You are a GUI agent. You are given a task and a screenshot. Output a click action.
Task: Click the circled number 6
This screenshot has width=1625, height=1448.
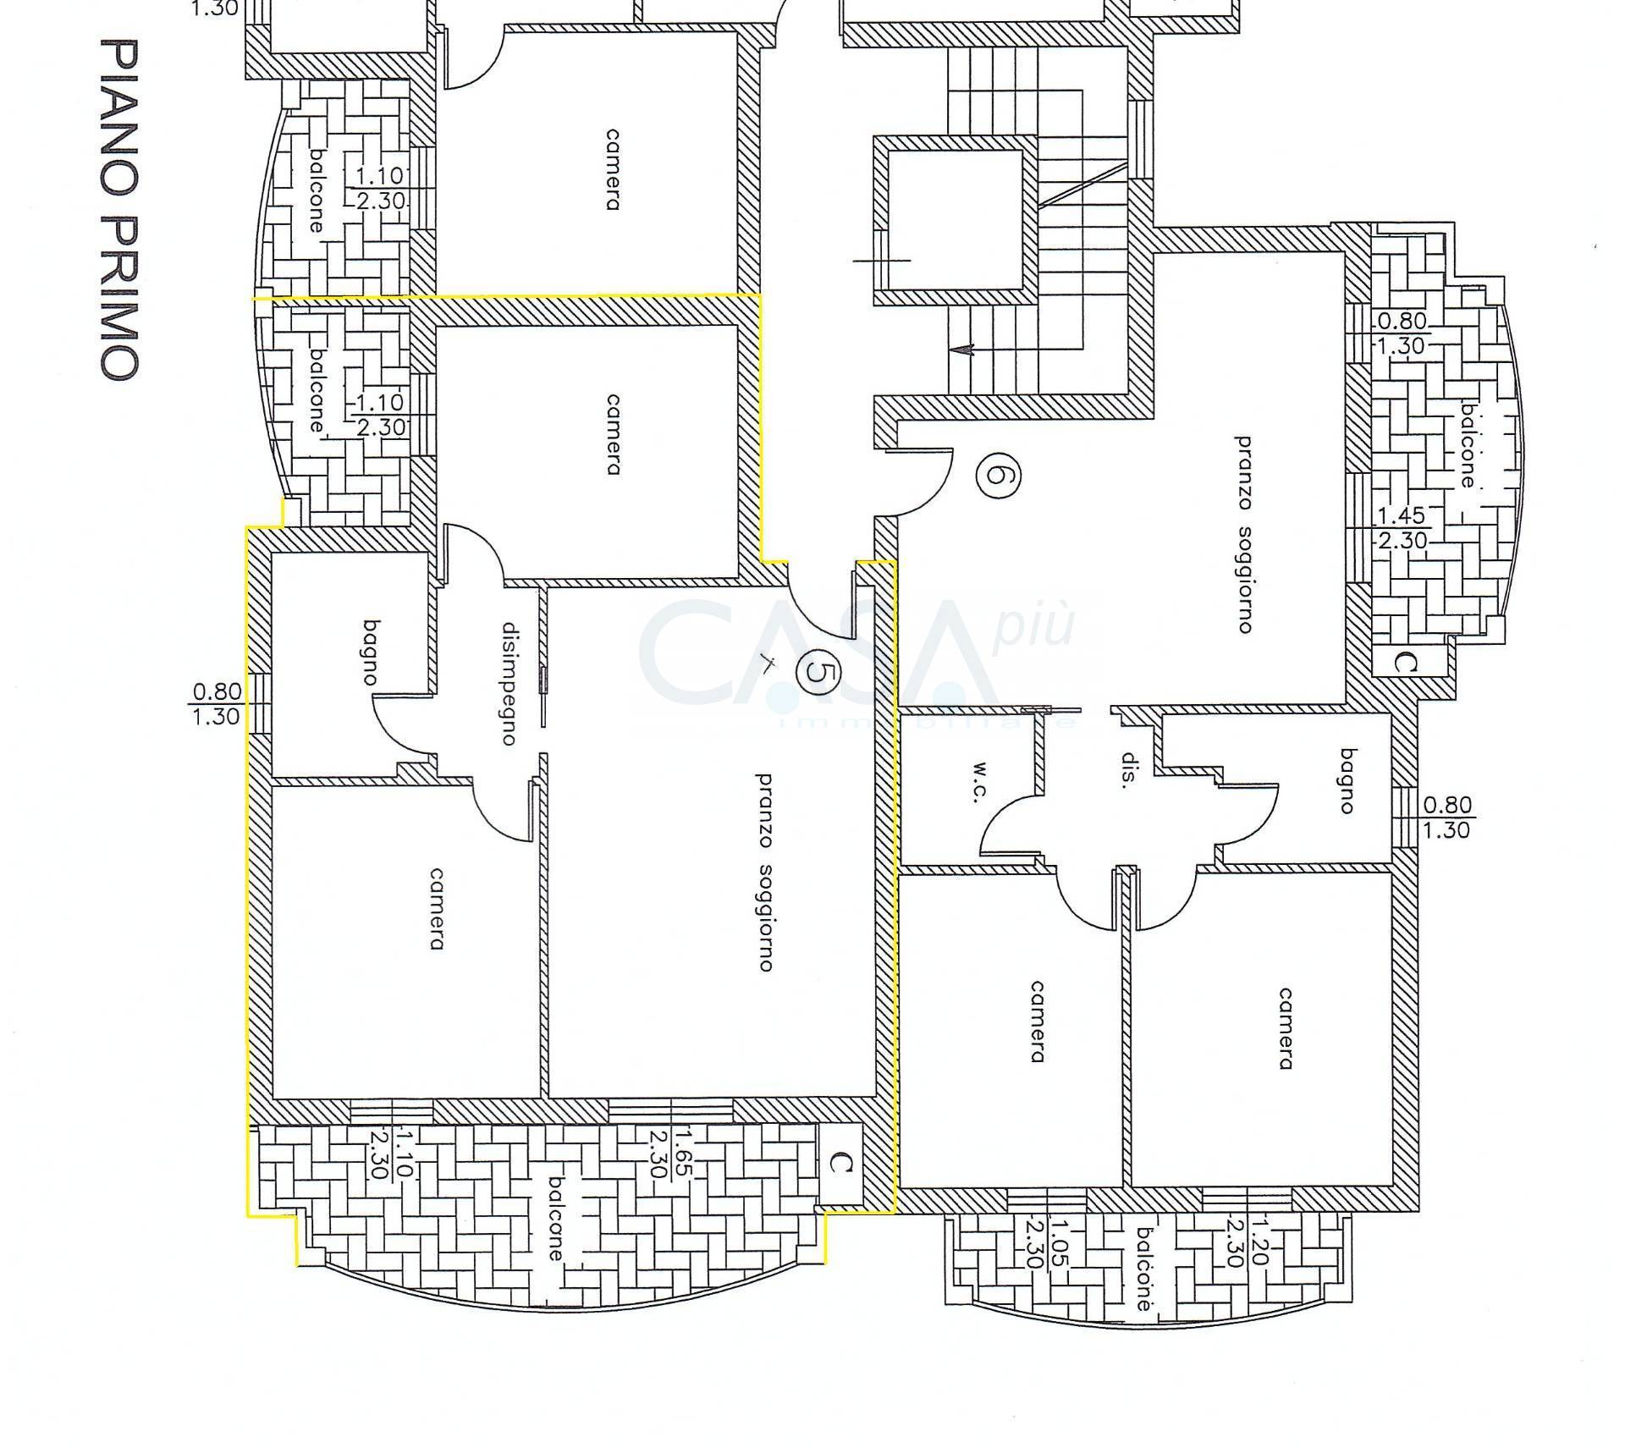[x=997, y=476]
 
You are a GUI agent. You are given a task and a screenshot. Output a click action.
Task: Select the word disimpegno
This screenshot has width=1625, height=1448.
[x=509, y=684]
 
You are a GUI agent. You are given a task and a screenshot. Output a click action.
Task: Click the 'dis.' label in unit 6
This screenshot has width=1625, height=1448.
[x=1127, y=770]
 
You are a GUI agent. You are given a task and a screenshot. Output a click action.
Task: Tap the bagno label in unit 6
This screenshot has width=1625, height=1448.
[x=1346, y=780]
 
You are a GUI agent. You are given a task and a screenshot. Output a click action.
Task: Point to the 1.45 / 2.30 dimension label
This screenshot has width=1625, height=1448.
[x=1402, y=527]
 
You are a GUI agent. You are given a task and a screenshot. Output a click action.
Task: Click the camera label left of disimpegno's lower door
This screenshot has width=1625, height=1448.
[x=437, y=908]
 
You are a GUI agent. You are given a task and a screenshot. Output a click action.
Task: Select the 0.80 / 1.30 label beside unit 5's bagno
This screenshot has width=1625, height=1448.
[x=216, y=704]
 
